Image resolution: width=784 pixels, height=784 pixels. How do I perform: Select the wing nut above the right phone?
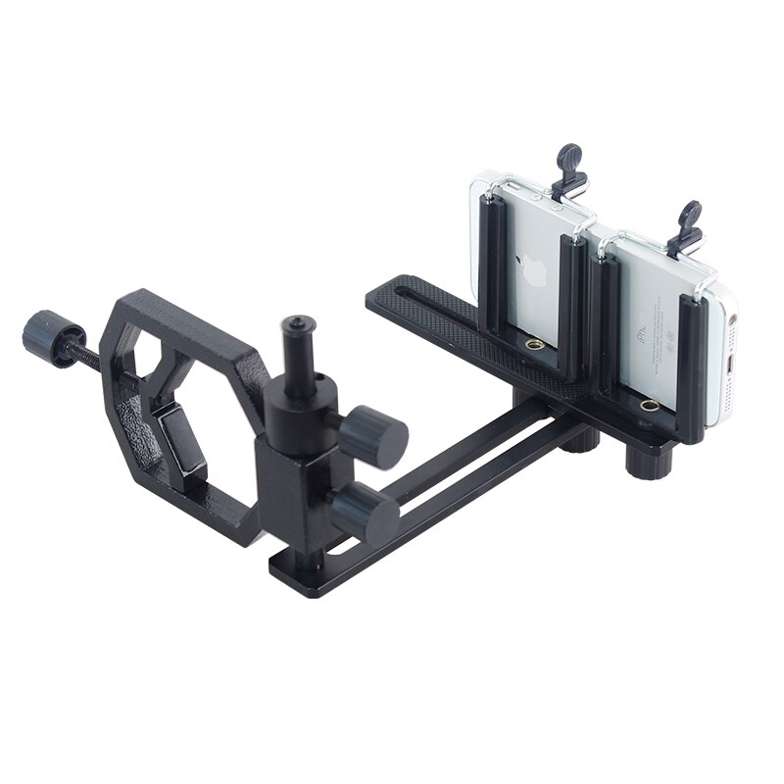[690, 227]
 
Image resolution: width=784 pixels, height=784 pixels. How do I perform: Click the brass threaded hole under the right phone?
[648, 405]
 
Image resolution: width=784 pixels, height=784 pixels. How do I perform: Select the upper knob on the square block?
[376, 434]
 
